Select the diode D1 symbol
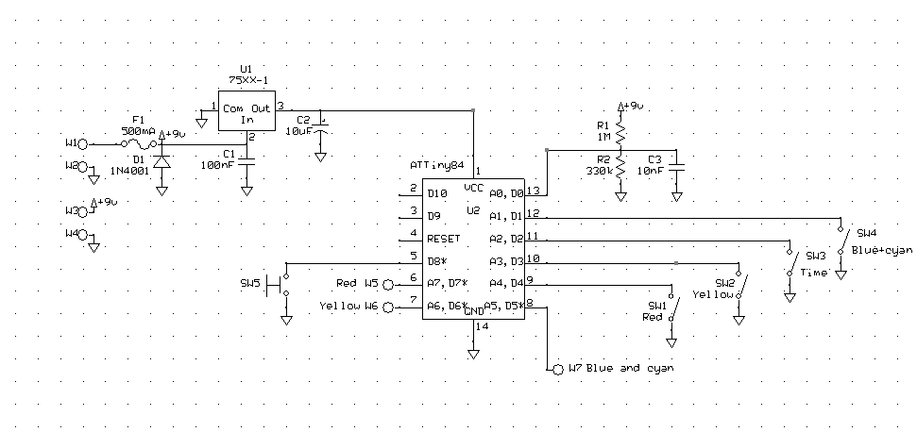click(161, 161)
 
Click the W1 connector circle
click(83, 144)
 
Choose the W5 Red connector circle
click(387, 283)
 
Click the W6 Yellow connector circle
click(387, 307)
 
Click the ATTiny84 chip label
click(437, 164)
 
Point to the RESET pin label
click(444, 239)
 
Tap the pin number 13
click(533, 191)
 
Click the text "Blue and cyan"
click(630, 368)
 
